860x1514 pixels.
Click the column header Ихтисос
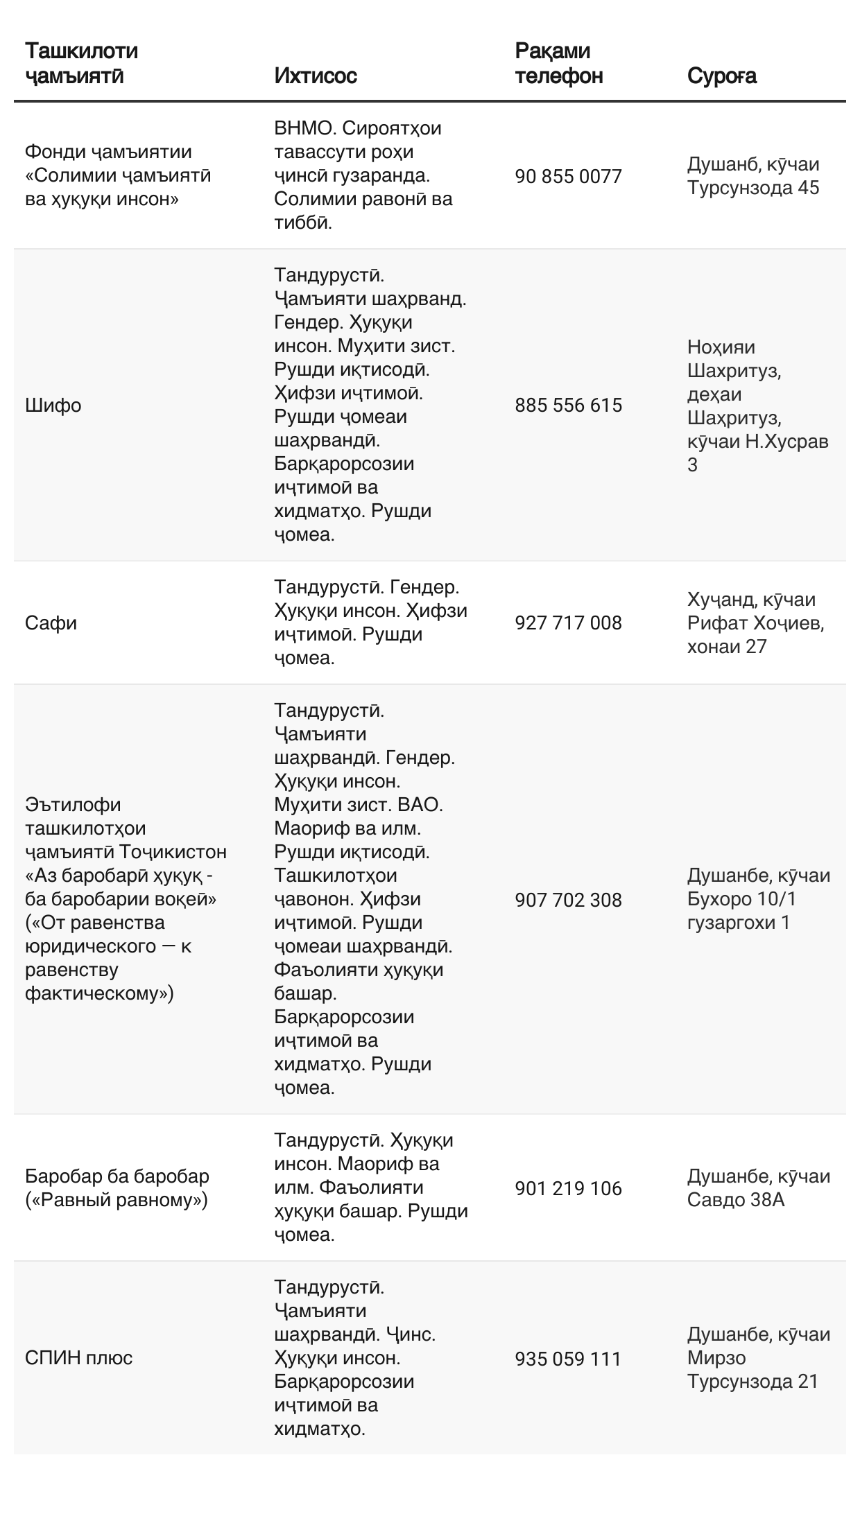pos(316,76)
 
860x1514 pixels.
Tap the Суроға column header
pos(721,76)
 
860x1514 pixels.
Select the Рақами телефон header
pos(558,63)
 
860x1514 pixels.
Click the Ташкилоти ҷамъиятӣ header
pos(81,63)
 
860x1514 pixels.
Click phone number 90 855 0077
pos(568,177)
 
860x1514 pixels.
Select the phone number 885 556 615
pos(568,406)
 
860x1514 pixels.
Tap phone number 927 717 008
pos(568,623)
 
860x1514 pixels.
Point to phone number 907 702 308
pos(568,900)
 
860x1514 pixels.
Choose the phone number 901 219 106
pos(568,1189)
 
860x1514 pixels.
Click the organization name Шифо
pos(53,406)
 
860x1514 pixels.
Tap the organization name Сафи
pos(51,623)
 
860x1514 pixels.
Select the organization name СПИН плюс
pos(78,1358)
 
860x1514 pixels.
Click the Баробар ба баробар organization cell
pos(117,1188)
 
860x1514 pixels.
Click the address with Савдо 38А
pos(758,1188)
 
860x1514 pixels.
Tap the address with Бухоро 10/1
pos(758,899)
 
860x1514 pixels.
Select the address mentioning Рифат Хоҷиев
pos(755,623)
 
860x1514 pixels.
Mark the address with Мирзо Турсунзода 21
pos(758,1358)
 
